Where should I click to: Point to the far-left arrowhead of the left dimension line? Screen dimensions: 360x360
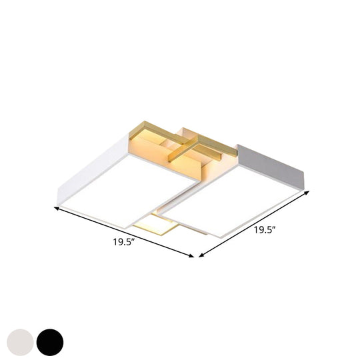click(x=56, y=209)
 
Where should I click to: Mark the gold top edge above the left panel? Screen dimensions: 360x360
click(x=157, y=129)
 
